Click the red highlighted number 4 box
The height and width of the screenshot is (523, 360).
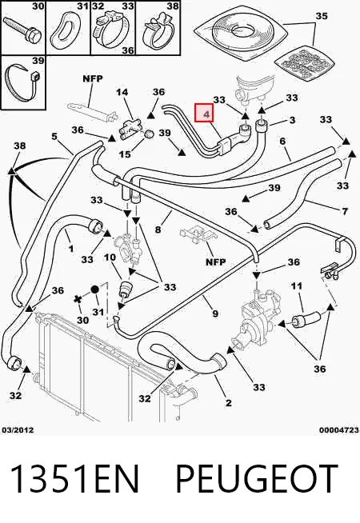204,113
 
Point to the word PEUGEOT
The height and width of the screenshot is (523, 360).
256,479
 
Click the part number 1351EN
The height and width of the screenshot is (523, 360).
74,479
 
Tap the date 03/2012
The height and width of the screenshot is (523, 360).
18,430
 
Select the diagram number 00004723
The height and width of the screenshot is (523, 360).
338,430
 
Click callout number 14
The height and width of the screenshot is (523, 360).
122,92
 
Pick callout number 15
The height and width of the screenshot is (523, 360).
125,154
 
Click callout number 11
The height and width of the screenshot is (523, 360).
297,285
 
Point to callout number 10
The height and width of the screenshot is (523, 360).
110,258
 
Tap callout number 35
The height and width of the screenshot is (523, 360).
322,16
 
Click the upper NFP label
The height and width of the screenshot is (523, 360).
93,78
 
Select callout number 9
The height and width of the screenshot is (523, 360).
215,313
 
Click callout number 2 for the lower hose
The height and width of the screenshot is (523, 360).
228,402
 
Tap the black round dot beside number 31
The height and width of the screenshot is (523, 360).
94,289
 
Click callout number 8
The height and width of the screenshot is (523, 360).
158,230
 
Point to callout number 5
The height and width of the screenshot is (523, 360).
54,136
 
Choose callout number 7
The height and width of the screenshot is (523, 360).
345,211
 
